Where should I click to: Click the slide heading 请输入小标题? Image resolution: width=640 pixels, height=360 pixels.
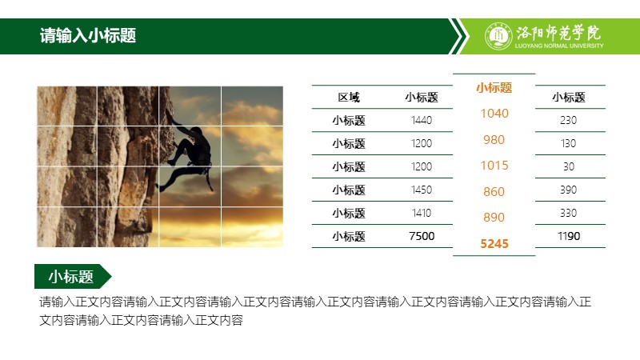[x=88, y=36]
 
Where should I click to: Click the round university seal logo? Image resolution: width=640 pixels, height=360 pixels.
[x=498, y=36]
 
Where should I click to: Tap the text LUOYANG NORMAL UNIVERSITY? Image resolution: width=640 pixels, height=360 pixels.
[x=558, y=46]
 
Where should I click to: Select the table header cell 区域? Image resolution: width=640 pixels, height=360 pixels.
[x=349, y=97]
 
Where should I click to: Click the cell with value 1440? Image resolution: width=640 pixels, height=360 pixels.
[x=422, y=120]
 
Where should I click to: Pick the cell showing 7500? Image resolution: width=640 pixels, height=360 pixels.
[x=422, y=236]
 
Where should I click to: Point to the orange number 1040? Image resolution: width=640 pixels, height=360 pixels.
[x=494, y=113]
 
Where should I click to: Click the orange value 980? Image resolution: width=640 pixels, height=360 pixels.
[x=494, y=139]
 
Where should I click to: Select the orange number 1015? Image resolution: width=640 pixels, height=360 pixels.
[x=494, y=166]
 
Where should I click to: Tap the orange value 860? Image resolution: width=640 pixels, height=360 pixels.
[x=494, y=191]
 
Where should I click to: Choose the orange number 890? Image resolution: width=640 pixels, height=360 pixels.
[x=494, y=217]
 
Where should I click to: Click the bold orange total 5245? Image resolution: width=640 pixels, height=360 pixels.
[x=494, y=244]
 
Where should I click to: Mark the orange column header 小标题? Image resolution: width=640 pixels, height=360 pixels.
[x=494, y=87]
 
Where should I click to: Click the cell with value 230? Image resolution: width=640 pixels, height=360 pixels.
[x=568, y=120]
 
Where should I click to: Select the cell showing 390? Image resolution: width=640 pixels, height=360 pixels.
[x=568, y=190]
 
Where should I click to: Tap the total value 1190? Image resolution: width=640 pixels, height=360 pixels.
[x=569, y=236]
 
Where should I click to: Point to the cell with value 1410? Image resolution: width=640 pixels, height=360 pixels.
[x=422, y=213]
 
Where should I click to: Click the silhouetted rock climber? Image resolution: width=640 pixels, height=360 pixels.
[x=186, y=157]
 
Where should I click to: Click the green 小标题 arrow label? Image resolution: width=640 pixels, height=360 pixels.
[x=73, y=276]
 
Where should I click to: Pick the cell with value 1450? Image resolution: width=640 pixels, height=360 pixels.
[x=422, y=190]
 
